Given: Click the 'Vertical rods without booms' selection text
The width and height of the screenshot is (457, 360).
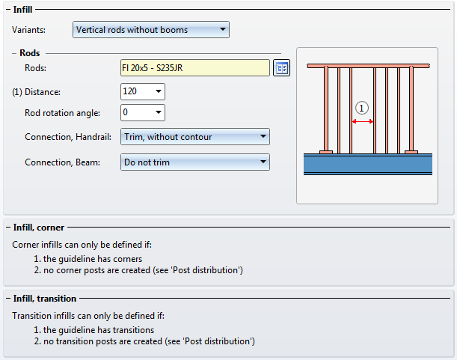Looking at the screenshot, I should tap(132, 30).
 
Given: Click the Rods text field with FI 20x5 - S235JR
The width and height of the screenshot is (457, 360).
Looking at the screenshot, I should tap(194, 68).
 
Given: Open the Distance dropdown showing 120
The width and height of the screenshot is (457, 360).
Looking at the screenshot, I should tap(159, 91).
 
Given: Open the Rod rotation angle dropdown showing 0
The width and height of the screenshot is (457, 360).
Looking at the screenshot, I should tap(159, 113).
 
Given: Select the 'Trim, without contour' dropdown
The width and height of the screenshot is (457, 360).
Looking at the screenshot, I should tap(194, 137).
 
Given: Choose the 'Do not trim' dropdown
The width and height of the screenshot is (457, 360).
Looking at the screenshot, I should tap(194, 162).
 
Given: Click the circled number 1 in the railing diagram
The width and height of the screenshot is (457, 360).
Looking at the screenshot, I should tap(362, 108).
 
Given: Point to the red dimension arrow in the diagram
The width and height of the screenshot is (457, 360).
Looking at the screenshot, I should tap(363, 120).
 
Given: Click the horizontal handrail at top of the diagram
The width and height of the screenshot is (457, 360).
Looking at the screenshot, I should tap(367, 66).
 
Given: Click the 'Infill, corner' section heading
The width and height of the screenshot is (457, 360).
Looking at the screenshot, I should tap(39, 227).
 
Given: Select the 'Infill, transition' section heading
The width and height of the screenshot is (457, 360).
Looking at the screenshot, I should tap(45, 299).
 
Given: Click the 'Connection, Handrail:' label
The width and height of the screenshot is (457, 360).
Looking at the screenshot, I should tap(68, 138).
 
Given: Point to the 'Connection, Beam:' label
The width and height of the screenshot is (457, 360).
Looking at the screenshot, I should tap(62, 162).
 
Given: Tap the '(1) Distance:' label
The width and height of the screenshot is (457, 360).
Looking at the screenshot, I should tap(37, 92).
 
